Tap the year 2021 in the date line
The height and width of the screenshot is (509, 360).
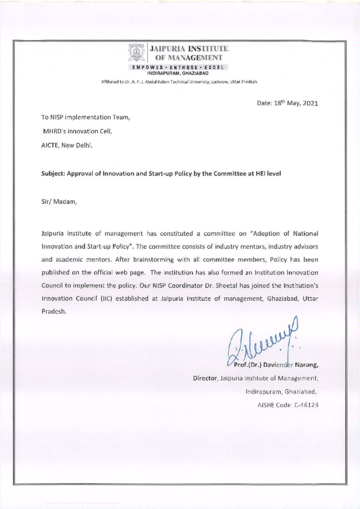click(x=308, y=103)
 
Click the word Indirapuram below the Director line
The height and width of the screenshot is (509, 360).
click(x=264, y=392)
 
